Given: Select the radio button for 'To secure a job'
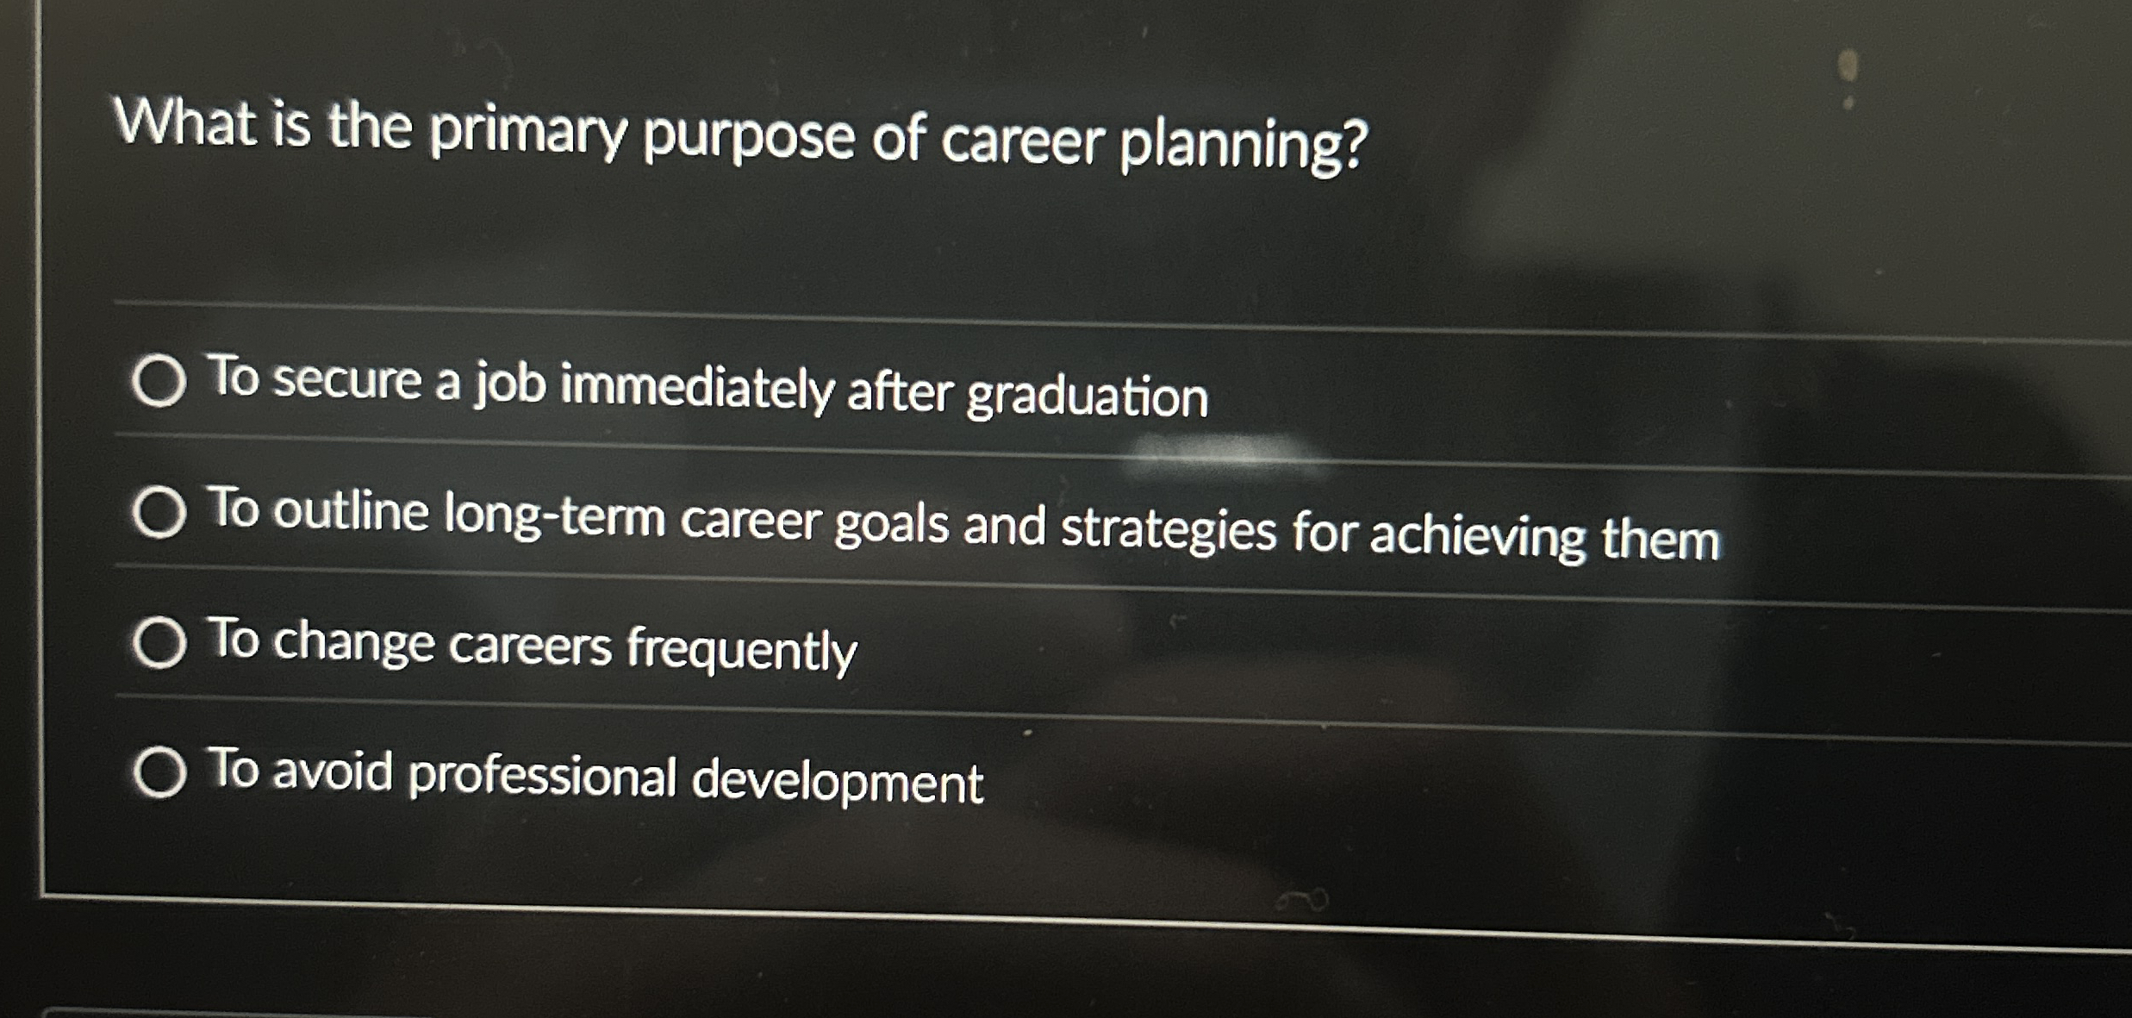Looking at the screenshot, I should pyautogui.click(x=159, y=380).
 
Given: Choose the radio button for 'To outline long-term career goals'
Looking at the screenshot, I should pyautogui.click(x=159, y=512).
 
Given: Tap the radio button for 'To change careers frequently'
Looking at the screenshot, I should pyautogui.click(x=159, y=642).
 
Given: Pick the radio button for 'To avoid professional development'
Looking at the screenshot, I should pyautogui.click(x=159, y=771).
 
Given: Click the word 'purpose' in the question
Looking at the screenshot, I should pyautogui.click(x=748, y=138).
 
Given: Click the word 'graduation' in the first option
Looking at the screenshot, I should pyautogui.click(x=1087, y=397).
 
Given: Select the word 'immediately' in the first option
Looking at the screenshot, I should pyautogui.click(x=697, y=387).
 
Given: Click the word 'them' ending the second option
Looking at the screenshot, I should pyautogui.click(x=1660, y=540).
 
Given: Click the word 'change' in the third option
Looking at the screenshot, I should pyautogui.click(x=354, y=642).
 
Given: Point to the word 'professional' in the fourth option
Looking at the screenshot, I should pyautogui.click(x=542, y=775).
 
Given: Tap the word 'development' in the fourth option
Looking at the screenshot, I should pyautogui.click(x=837, y=781).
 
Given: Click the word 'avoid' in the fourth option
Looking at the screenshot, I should pyautogui.click(x=333, y=771).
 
